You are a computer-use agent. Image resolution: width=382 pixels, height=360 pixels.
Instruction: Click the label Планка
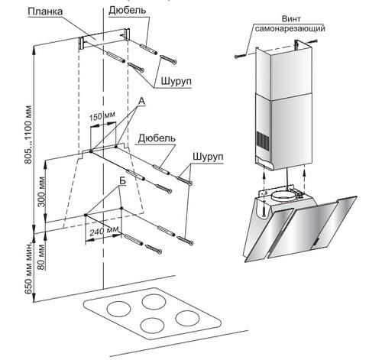coord(45,11)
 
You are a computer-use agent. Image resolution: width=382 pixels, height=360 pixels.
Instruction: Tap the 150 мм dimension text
coord(102,116)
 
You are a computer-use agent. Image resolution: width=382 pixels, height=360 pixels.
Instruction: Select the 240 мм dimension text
coord(105,231)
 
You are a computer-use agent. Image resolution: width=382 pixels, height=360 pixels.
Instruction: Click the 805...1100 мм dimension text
coord(28,135)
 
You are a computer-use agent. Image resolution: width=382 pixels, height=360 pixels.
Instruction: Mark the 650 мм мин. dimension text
coord(28,267)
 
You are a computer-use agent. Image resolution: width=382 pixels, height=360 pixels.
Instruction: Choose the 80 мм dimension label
coord(41,257)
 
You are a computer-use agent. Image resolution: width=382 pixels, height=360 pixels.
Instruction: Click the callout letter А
coord(141,101)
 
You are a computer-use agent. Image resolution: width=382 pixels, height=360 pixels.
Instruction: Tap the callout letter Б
coord(122,180)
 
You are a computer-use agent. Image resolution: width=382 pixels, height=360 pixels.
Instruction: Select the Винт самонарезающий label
coord(290,24)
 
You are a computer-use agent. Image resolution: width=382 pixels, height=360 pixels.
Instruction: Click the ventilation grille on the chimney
coord(263,140)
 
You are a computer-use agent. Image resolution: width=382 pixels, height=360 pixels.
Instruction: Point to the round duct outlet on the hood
coord(283,196)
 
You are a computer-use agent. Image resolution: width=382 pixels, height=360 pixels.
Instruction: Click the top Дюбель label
coord(128,11)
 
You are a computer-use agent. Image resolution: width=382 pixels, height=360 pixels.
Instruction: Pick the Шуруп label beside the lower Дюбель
coord(208,156)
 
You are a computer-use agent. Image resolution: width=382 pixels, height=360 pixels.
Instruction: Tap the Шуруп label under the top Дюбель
coord(176,81)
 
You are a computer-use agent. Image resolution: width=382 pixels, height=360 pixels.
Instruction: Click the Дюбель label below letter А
coord(157,138)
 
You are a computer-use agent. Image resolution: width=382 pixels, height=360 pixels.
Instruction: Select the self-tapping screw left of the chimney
coord(241,55)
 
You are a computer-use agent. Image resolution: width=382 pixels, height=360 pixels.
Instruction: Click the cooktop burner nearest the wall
coord(154,302)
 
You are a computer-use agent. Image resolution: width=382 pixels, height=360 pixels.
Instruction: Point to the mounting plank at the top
coord(105,37)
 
